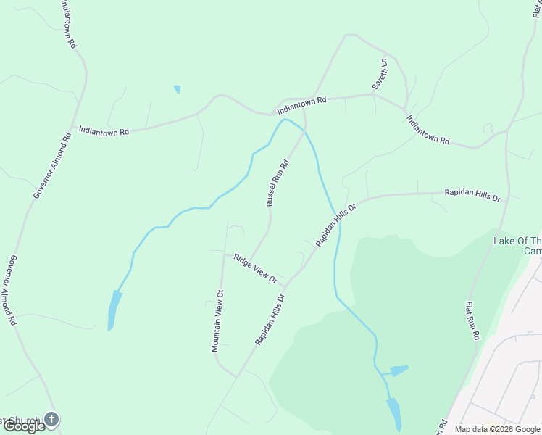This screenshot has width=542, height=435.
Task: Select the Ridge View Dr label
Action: coord(256,268)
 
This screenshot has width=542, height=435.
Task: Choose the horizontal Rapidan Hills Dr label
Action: coord(472,196)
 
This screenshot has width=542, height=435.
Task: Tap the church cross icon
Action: coord(51,418)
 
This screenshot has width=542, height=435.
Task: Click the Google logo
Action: coord(24,426)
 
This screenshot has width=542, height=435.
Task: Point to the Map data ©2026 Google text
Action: coord(497,429)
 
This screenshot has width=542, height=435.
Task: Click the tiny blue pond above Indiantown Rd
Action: coord(177,89)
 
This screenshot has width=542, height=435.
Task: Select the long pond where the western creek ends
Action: coord(113,310)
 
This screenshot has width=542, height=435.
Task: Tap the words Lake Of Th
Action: coord(517,241)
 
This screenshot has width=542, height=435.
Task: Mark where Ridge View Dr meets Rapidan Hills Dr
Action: coord(291,278)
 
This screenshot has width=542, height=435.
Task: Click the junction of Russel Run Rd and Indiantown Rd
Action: coord(304,111)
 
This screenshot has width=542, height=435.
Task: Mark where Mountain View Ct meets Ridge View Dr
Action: coord(223,254)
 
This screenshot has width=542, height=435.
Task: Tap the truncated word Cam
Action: coord(533,251)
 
